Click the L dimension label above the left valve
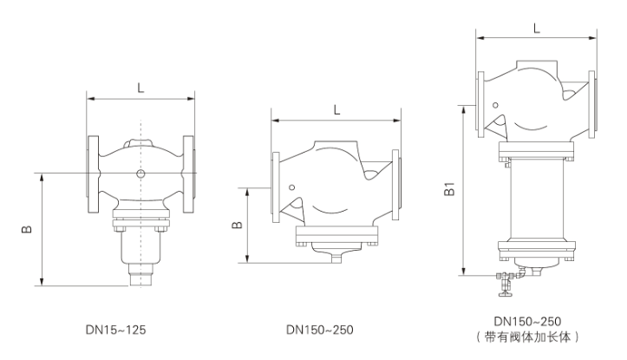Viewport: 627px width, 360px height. [x=140, y=87]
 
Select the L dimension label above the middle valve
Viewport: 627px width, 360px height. [x=336, y=110]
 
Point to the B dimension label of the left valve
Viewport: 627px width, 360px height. [x=27, y=228]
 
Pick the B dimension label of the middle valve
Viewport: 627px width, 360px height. [x=235, y=226]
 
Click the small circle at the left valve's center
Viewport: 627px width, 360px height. [x=140, y=173]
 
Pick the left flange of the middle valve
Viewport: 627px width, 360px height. [x=275, y=187]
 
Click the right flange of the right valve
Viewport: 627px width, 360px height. [x=592, y=102]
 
